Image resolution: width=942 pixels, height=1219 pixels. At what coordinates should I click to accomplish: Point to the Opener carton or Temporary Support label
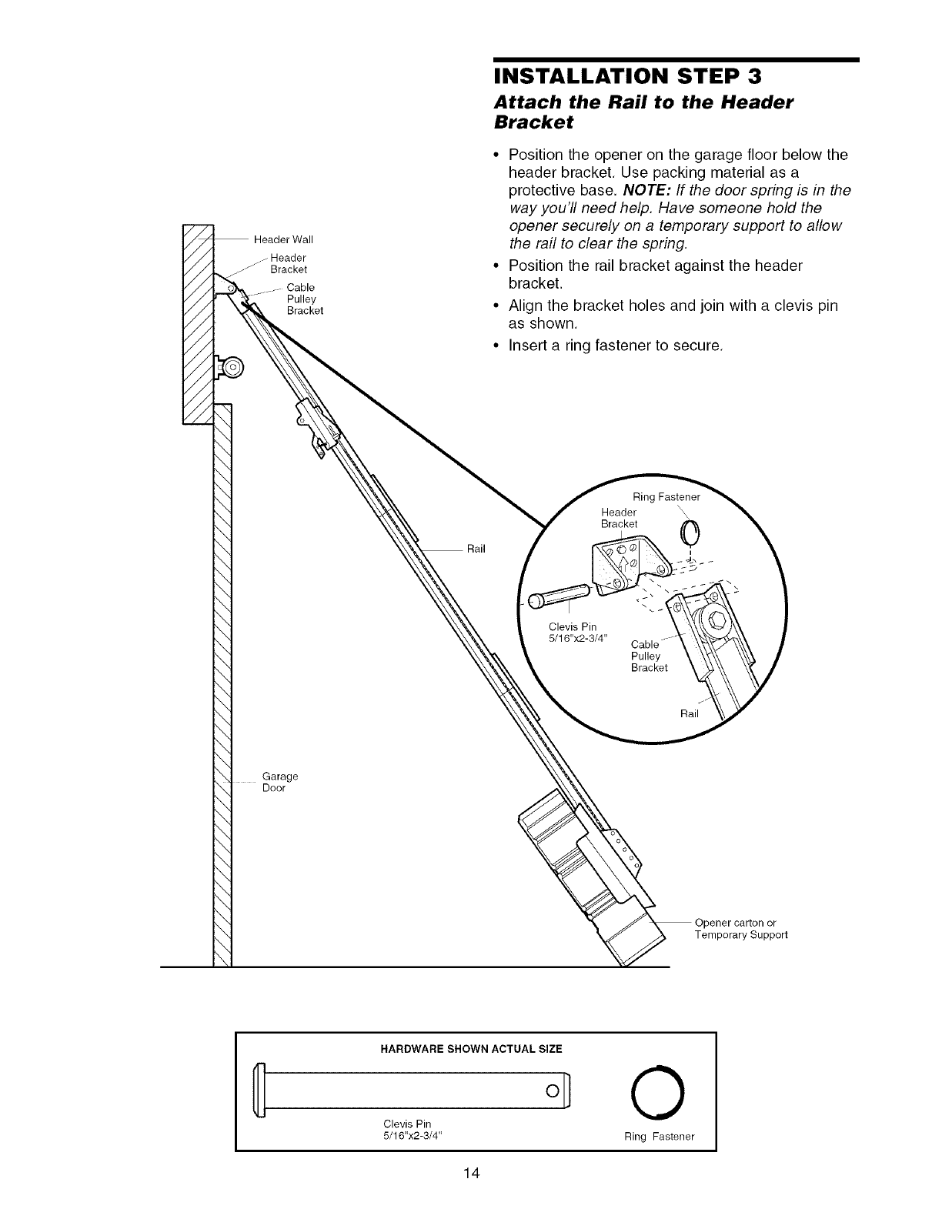(x=740, y=929)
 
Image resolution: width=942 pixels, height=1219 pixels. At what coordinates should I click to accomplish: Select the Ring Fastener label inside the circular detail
(x=666, y=497)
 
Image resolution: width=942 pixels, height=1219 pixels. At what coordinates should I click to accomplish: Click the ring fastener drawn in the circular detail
(x=690, y=531)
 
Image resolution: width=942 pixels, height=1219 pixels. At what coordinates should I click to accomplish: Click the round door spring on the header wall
(x=230, y=368)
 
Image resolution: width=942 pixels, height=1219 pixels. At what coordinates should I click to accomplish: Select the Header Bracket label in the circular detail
(x=620, y=518)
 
